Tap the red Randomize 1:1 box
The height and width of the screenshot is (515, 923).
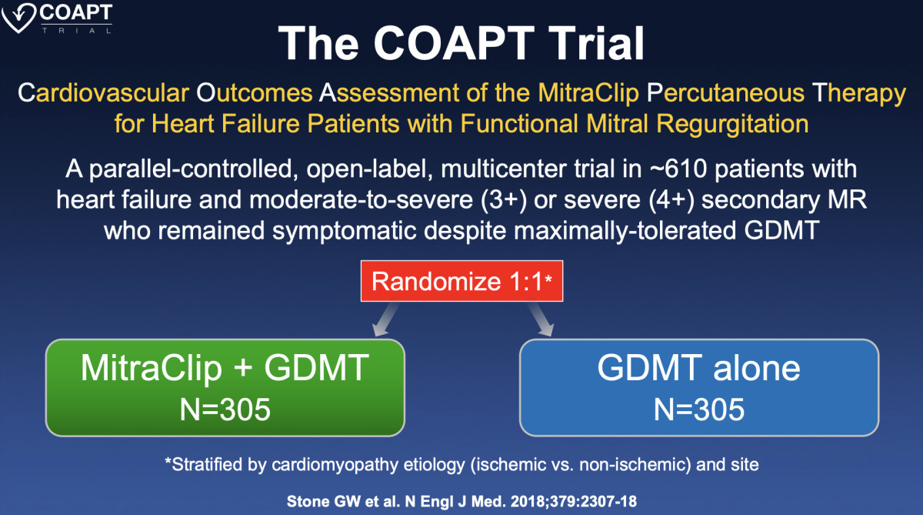tap(461, 281)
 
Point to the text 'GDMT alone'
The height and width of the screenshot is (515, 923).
tap(699, 369)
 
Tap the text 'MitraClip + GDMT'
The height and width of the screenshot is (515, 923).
tap(225, 369)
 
